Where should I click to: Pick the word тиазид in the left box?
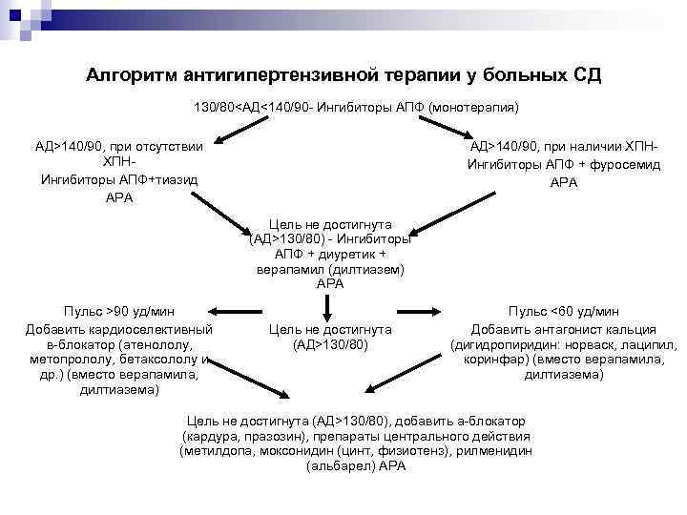coord(175,179)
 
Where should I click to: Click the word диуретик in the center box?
coord(339,255)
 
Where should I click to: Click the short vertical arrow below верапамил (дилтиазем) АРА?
coord(327,306)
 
